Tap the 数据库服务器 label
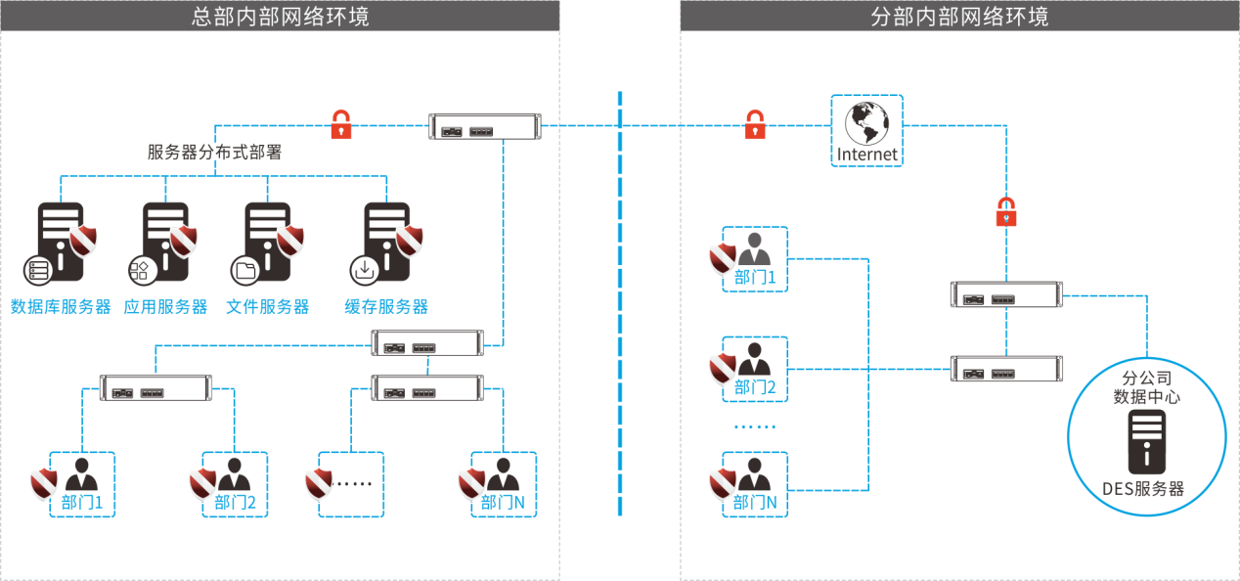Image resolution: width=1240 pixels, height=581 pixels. pyautogui.click(x=61, y=307)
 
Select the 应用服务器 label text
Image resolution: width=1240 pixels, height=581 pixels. pyautogui.click(x=166, y=307)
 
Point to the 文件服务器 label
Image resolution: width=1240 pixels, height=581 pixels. pyautogui.click(x=268, y=307)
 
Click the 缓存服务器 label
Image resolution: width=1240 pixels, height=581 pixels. pyautogui.click(x=386, y=307)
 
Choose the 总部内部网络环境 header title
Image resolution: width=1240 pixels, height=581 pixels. pyautogui.click(x=280, y=16)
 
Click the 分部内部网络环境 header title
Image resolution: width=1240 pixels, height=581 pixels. pyautogui.click(x=959, y=16)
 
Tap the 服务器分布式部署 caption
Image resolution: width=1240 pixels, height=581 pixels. pyautogui.click(x=214, y=153)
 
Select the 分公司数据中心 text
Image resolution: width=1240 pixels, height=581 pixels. pyautogui.click(x=1146, y=387)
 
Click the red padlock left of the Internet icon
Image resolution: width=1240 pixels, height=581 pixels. pyautogui.click(x=755, y=125)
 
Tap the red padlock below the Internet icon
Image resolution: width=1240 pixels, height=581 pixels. pyautogui.click(x=1006, y=211)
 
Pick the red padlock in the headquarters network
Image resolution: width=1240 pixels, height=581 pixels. pyautogui.click(x=340, y=125)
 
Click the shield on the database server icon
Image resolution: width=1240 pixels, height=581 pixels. pyautogui.click(x=83, y=240)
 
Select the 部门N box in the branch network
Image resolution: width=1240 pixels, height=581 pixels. pyautogui.click(x=755, y=485)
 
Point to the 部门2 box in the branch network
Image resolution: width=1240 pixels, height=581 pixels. pyautogui.click(x=755, y=370)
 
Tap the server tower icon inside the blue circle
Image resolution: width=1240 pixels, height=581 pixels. pyautogui.click(x=1146, y=441)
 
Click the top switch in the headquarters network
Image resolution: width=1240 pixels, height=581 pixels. pyautogui.click(x=485, y=127)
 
